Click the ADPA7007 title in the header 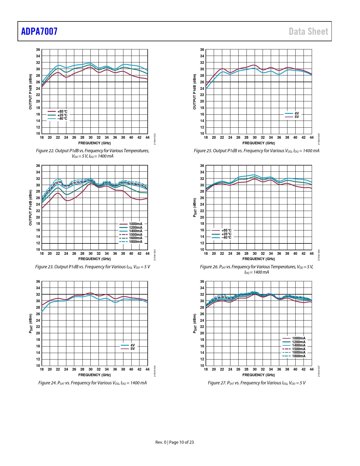(39, 31)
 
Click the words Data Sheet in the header (308, 31)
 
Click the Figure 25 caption (256, 151)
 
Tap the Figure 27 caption (256, 383)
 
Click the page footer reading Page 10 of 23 (174, 442)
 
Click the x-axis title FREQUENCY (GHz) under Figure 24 (95, 375)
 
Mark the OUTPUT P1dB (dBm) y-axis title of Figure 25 (194, 92)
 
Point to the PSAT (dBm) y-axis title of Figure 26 (195, 208)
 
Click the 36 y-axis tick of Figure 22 (38, 50)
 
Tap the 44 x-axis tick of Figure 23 (147, 254)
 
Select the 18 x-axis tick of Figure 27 (206, 369)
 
